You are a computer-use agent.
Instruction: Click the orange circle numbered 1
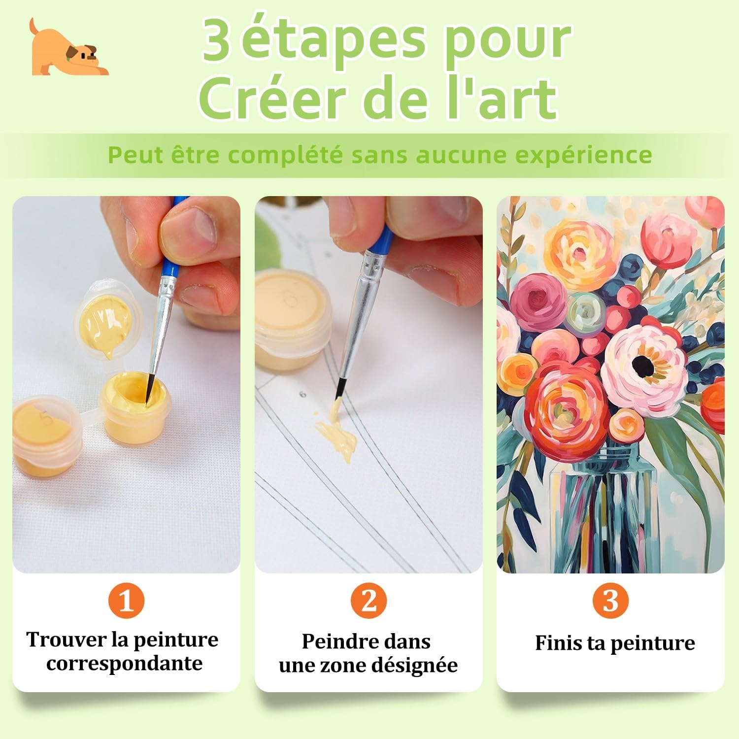point(127,600)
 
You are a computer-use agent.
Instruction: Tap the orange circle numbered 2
point(369,601)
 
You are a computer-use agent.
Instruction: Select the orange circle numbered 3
point(610,601)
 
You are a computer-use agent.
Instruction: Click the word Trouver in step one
point(67,639)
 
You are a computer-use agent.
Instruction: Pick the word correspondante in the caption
point(125,664)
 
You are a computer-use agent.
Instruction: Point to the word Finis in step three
point(558,643)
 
